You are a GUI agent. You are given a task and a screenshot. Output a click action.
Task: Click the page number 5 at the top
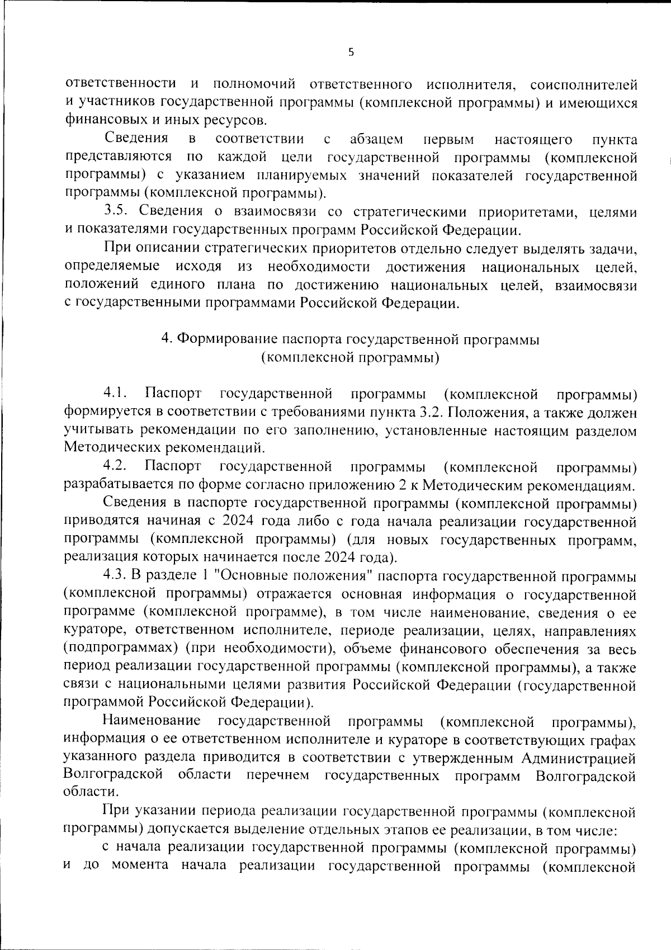coord(351,53)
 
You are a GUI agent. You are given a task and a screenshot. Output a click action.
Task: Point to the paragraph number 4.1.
coord(116,394)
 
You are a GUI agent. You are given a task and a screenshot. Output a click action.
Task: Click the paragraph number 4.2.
coord(116,466)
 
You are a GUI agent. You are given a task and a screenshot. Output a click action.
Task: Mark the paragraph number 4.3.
coord(116,575)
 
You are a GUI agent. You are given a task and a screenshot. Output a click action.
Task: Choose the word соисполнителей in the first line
coord(583,85)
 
